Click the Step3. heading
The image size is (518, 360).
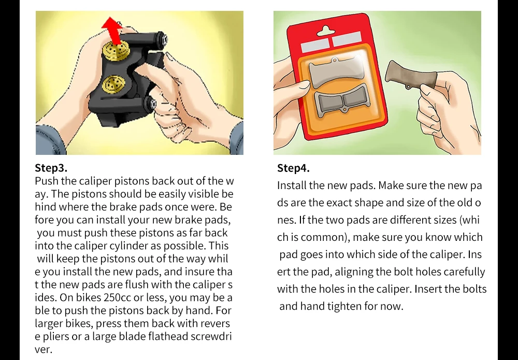point(51,168)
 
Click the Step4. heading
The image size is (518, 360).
point(293,168)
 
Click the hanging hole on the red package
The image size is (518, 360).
point(326,31)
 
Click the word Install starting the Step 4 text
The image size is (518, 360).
point(292,185)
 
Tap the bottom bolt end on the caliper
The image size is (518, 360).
point(153,104)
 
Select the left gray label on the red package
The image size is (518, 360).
point(315,45)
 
